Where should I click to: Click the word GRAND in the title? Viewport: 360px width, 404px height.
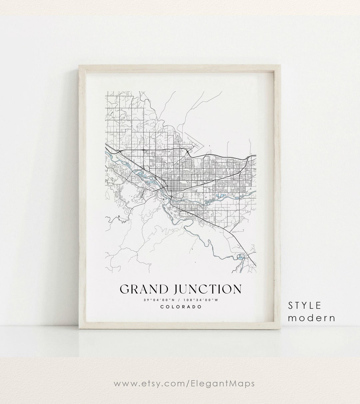[x=140, y=289]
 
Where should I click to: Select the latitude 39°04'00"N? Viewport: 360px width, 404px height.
[x=157, y=300]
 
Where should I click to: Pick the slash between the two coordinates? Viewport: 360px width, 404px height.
[x=180, y=300]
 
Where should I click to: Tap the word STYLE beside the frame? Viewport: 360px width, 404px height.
[x=305, y=305]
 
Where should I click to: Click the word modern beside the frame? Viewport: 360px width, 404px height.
[x=312, y=318]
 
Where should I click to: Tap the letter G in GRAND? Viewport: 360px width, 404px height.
[x=124, y=289]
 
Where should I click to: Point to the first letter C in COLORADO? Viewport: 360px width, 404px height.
[x=162, y=307]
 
